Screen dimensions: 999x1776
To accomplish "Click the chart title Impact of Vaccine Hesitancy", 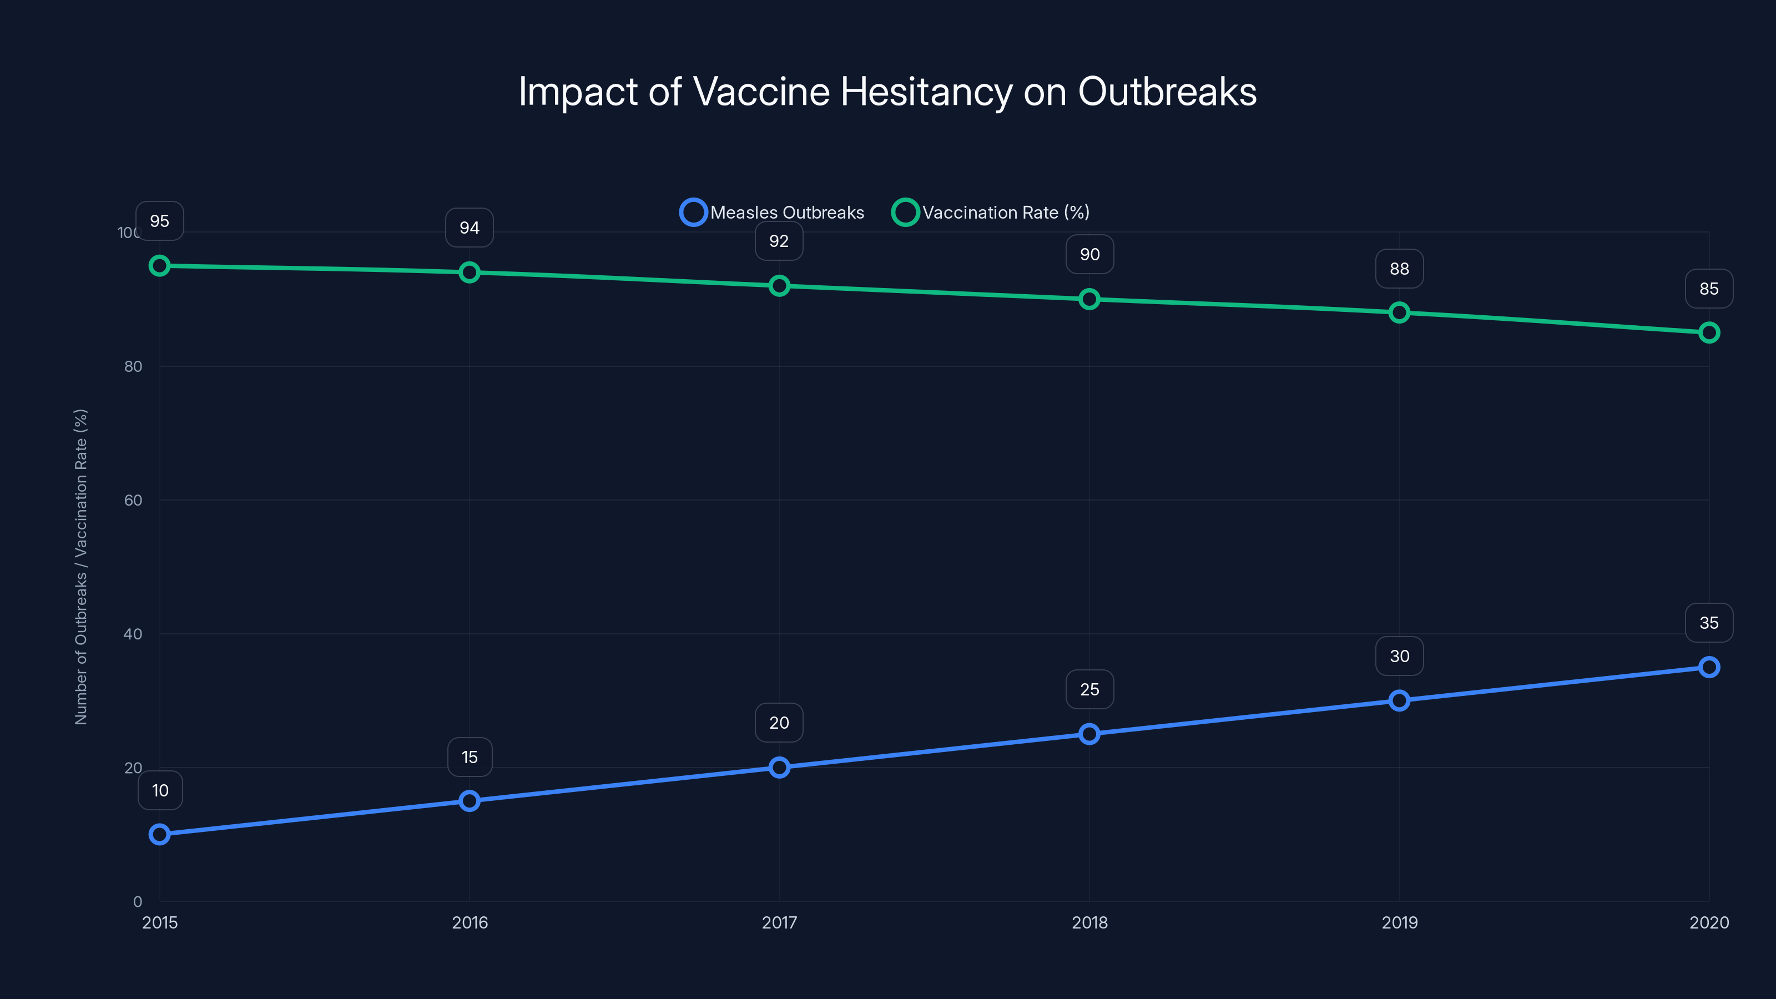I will coord(887,92).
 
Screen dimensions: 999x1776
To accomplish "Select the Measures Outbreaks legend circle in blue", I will coord(693,213).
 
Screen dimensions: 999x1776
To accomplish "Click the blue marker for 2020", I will coord(1708,667).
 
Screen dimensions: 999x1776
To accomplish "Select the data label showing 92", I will coord(778,241).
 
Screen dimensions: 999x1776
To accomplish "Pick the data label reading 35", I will coord(1708,623).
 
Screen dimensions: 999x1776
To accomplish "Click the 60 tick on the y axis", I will coord(133,501).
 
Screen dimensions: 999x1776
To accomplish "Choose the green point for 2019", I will coord(1399,312).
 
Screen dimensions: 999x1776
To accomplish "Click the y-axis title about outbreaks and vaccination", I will coord(80,567).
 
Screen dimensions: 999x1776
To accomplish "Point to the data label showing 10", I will coord(160,790).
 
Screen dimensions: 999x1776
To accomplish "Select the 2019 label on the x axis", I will coord(1399,922).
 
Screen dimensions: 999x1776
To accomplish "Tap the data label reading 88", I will coord(1399,269).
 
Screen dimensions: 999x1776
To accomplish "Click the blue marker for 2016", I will coord(470,800).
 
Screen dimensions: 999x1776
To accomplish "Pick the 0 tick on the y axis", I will coord(138,902).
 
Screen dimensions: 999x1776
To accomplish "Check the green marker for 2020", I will coord(1708,332).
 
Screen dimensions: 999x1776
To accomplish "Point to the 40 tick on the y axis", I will coord(133,634).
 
